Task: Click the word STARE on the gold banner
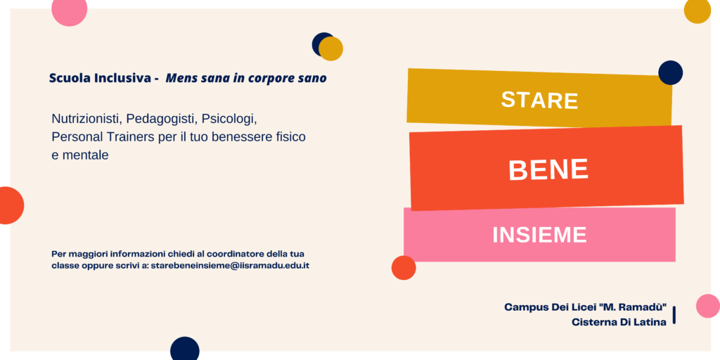coord(539,100)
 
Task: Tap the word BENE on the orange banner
coord(548,169)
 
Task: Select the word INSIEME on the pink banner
coord(539,235)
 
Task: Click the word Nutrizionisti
coord(87,118)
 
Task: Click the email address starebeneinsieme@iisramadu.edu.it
coord(230,265)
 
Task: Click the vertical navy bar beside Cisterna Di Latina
coord(674,315)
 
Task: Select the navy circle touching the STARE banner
coord(670,72)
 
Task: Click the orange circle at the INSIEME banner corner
coord(404,268)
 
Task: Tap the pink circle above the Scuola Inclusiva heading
coord(70,9)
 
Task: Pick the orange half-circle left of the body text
coord(10,205)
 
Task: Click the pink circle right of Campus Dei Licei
coord(708,306)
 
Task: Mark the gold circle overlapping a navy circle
coord(330,49)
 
